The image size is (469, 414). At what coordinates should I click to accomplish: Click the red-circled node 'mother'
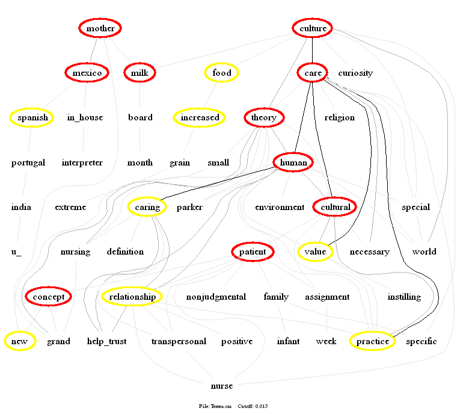[100, 28]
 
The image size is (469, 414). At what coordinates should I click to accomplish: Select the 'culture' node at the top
[313, 28]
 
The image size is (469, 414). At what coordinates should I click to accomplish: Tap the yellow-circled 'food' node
[222, 73]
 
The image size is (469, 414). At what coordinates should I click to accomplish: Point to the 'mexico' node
[87, 73]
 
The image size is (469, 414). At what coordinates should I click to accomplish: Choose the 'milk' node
[139, 73]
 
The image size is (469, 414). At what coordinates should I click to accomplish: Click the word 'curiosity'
[355, 73]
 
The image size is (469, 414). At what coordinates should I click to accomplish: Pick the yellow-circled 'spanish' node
[32, 117]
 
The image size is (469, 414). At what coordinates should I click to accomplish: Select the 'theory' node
[264, 117]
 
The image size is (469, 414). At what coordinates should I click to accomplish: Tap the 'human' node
[293, 162]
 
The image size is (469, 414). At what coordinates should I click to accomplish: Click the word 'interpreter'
[82, 162]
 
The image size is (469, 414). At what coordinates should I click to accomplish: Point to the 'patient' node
[253, 252]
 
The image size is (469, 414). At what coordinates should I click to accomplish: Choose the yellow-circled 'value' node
[315, 252]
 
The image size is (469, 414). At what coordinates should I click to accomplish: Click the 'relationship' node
[133, 297]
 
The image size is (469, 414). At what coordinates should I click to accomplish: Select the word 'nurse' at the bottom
[222, 386]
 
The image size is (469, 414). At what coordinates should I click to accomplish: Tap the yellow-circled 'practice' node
[372, 341]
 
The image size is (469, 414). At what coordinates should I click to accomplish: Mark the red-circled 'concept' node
[48, 297]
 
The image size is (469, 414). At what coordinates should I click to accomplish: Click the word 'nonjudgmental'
[216, 297]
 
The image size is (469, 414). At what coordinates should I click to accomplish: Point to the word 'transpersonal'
[179, 341]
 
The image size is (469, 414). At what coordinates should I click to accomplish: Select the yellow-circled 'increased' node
[200, 117]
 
